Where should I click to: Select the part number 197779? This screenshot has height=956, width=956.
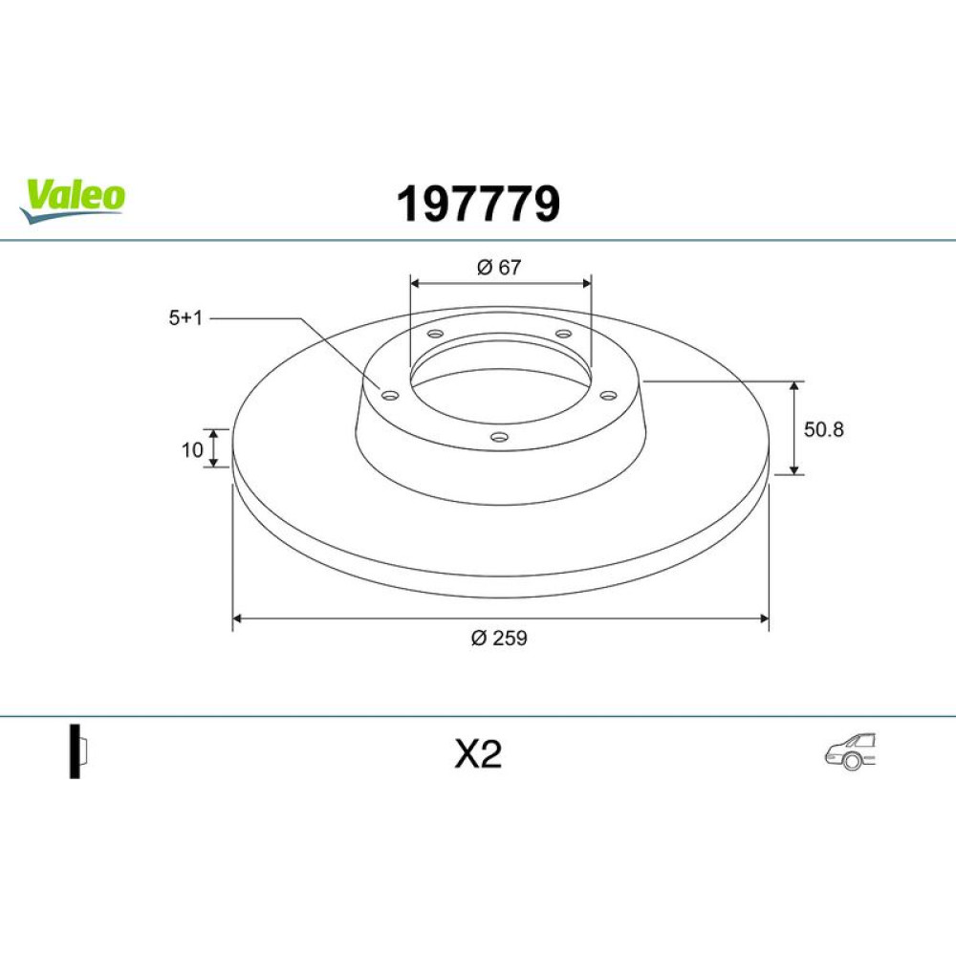478,205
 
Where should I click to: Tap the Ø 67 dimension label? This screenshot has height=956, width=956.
499,267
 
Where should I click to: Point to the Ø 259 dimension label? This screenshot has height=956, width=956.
499,638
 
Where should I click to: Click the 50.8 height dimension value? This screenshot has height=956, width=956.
824,429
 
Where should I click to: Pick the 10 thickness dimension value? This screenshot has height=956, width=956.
192,450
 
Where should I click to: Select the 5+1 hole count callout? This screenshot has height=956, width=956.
185,317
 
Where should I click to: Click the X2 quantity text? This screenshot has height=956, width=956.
478,754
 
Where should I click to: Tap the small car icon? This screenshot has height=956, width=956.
850,750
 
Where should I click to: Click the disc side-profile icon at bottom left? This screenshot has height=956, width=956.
78,751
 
